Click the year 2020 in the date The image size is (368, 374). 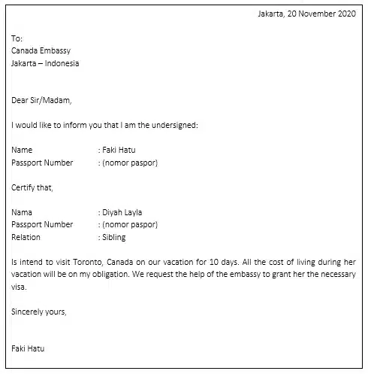tap(346, 14)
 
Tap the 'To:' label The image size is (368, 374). tap(17, 38)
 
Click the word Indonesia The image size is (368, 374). tap(62, 63)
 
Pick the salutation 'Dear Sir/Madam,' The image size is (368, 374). tap(42, 99)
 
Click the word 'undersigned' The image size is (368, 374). tap(174, 124)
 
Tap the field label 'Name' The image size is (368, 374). tap(23, 150)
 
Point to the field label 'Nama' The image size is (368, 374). tap(23, 212)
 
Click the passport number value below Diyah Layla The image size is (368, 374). tap(129, 224)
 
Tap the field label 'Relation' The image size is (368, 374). tap(26, 237)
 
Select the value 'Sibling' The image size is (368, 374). tap(114, 237)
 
